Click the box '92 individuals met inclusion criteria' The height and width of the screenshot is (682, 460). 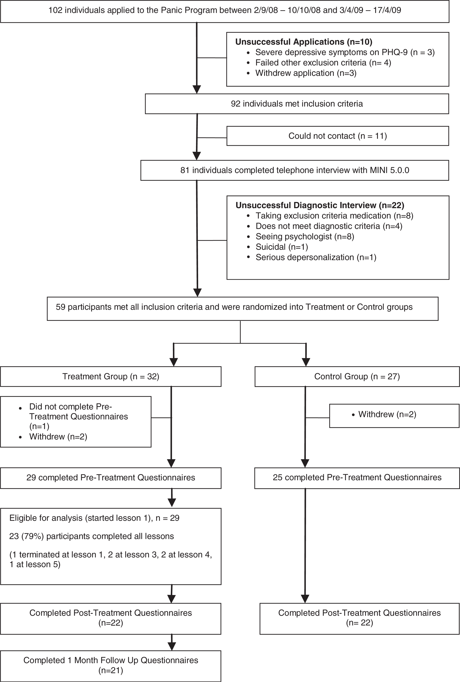pos(297,104)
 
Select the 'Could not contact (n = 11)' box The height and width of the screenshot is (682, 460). pos(338,136)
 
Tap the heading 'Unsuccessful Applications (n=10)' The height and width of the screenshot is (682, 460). pos(304,42)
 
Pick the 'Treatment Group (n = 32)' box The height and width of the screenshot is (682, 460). pos(111,377)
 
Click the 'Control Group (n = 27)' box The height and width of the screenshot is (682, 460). pos(357,377)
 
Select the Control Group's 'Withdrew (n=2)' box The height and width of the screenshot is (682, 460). pos(394,416)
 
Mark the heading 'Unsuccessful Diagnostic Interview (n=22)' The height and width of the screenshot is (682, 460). pos(320,205)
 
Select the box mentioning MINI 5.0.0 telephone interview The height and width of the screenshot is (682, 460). pos(295,170)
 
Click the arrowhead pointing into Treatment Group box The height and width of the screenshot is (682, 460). pos(174,362)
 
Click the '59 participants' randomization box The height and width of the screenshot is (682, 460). pos(243,309)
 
